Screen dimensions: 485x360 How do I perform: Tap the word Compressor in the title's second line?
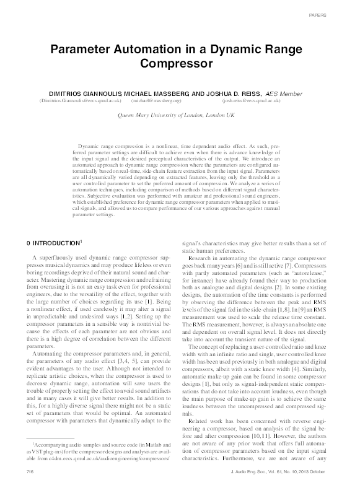(180, 63)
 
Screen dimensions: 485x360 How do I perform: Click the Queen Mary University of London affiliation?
(177, 116)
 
